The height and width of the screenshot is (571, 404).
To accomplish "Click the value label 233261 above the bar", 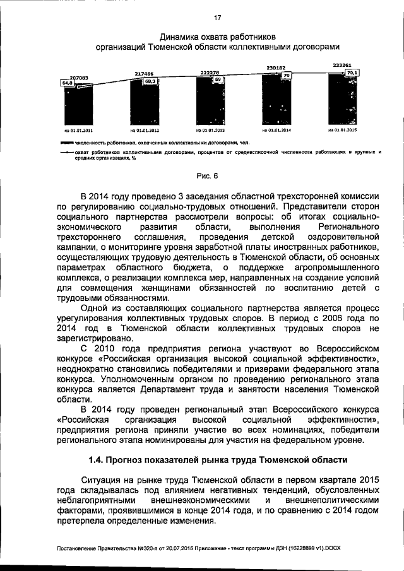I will (x=343, y=65).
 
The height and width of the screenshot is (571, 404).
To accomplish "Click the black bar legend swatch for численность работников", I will (x=68, y=143).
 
